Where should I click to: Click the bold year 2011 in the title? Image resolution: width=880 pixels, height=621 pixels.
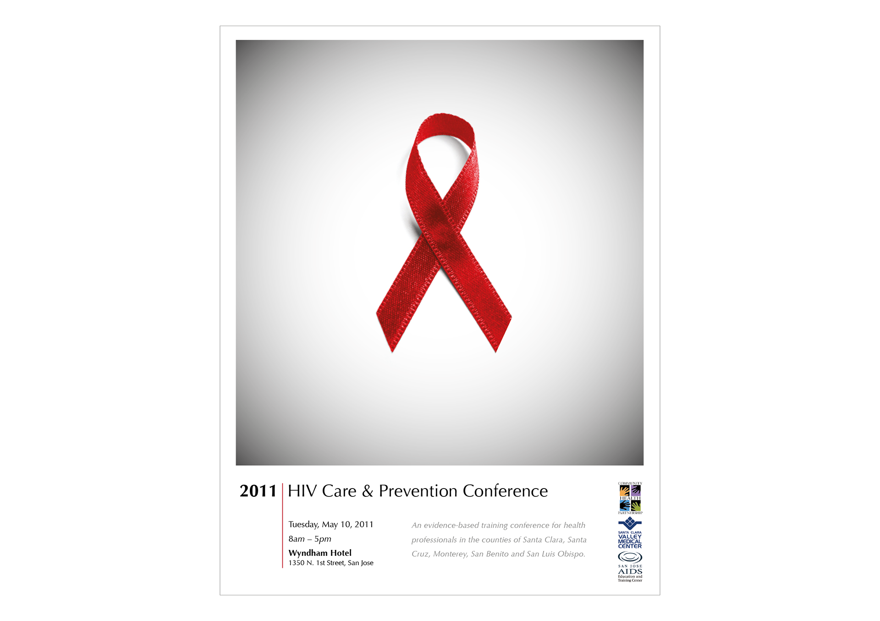pyautogui.click(x=258, y=491)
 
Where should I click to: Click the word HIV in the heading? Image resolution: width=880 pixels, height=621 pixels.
pyautogui.click(x=302, y=491)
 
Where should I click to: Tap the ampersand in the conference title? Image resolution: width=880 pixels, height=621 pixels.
pyautogui.click(x=368, y=491)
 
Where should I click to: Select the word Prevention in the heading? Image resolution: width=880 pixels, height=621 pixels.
pyautogui.click(x=418, y=491)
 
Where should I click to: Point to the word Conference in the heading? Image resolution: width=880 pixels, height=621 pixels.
pyautogui.click(x=506, y=491)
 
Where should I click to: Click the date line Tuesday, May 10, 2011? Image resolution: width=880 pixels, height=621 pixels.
pyautogui.click(x=331, y=524)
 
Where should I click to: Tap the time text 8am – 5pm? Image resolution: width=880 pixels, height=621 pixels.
pyautogui.click(x=310, y=539)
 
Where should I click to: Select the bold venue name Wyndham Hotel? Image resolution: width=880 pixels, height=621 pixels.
pyautogui.click(x=320, y=553)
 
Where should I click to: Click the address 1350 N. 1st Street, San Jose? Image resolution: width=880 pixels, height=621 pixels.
pyautogui.click(x=331, y=563)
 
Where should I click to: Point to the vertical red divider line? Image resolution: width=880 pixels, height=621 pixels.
pyautogui.click(x=282, y=526)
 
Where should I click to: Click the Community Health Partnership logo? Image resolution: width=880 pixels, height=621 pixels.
pyautogui.click(x=630, y=498)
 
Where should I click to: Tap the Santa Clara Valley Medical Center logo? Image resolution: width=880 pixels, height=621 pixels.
pyautogui.click(x=630, y=533)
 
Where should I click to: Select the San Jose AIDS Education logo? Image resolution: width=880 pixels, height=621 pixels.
pyautogui.click(x=630, y=566)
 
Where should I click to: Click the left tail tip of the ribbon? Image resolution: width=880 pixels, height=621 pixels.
pyautogui.click(x=392, y=352)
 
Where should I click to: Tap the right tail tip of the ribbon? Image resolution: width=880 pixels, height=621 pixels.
pyautogui.click(x=496, y=352)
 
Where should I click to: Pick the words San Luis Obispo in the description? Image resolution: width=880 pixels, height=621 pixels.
pyautogui.click(x=555, y=554)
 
